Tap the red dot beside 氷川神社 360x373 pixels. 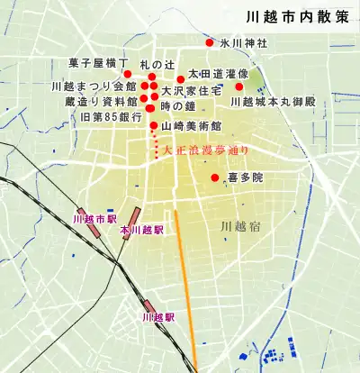click(210, 43)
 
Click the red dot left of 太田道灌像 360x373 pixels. click(180, 78)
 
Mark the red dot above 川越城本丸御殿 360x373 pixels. click(239, 86)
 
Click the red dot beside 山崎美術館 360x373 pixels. click(154, 125)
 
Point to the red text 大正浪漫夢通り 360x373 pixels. click(204, 150)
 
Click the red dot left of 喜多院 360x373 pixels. click(215, 177)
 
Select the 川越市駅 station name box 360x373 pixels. click(94, 219)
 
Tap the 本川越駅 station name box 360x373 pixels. click(141, 231)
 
